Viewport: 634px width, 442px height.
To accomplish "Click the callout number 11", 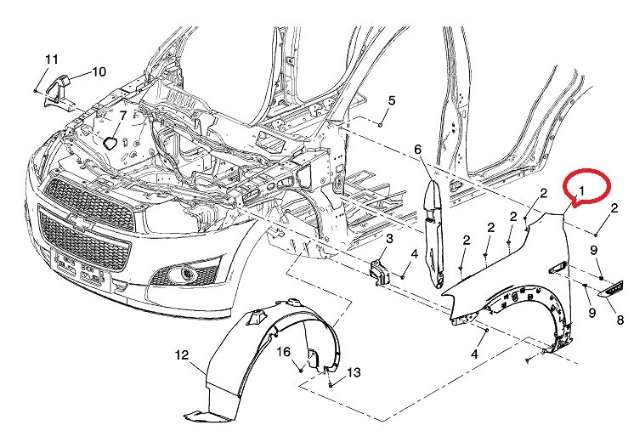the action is [51, 59].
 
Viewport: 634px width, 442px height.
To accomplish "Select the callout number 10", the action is [99, 72].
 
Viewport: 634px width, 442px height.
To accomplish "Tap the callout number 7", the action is [122, 116].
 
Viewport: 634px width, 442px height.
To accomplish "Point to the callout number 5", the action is [392, 100].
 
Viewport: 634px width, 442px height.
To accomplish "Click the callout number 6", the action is [417, 150].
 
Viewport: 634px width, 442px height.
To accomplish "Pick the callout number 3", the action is [389, 239].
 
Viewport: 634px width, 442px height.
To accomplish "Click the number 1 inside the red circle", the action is [582, 190].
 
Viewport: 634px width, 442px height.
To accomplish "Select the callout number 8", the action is [620, 320].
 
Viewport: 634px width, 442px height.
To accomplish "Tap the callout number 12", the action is [182, 355].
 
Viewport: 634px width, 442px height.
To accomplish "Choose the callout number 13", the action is [354, 372].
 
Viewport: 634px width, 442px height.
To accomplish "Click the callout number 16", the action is [284, 351].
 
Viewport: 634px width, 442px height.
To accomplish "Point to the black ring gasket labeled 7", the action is [109, 143].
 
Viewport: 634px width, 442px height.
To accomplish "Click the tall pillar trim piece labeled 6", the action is [433, 234].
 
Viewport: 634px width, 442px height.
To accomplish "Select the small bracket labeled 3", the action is [380, 272].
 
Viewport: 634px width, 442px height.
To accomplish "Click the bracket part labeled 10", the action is [58, 92].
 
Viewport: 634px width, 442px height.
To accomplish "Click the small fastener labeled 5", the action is [381, 125].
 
